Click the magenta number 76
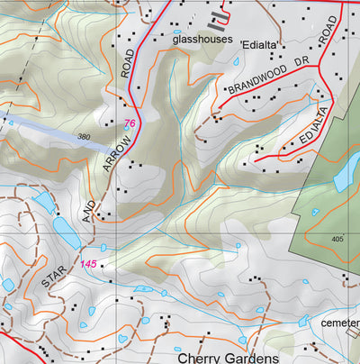pos(130,123)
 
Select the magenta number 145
pos(88,263)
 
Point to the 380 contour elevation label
pos(85,137)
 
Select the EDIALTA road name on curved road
pos(307,134)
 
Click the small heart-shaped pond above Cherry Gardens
pos(121,339)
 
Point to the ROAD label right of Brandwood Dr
pos(328,34)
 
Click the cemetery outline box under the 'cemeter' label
pos(352,332)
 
